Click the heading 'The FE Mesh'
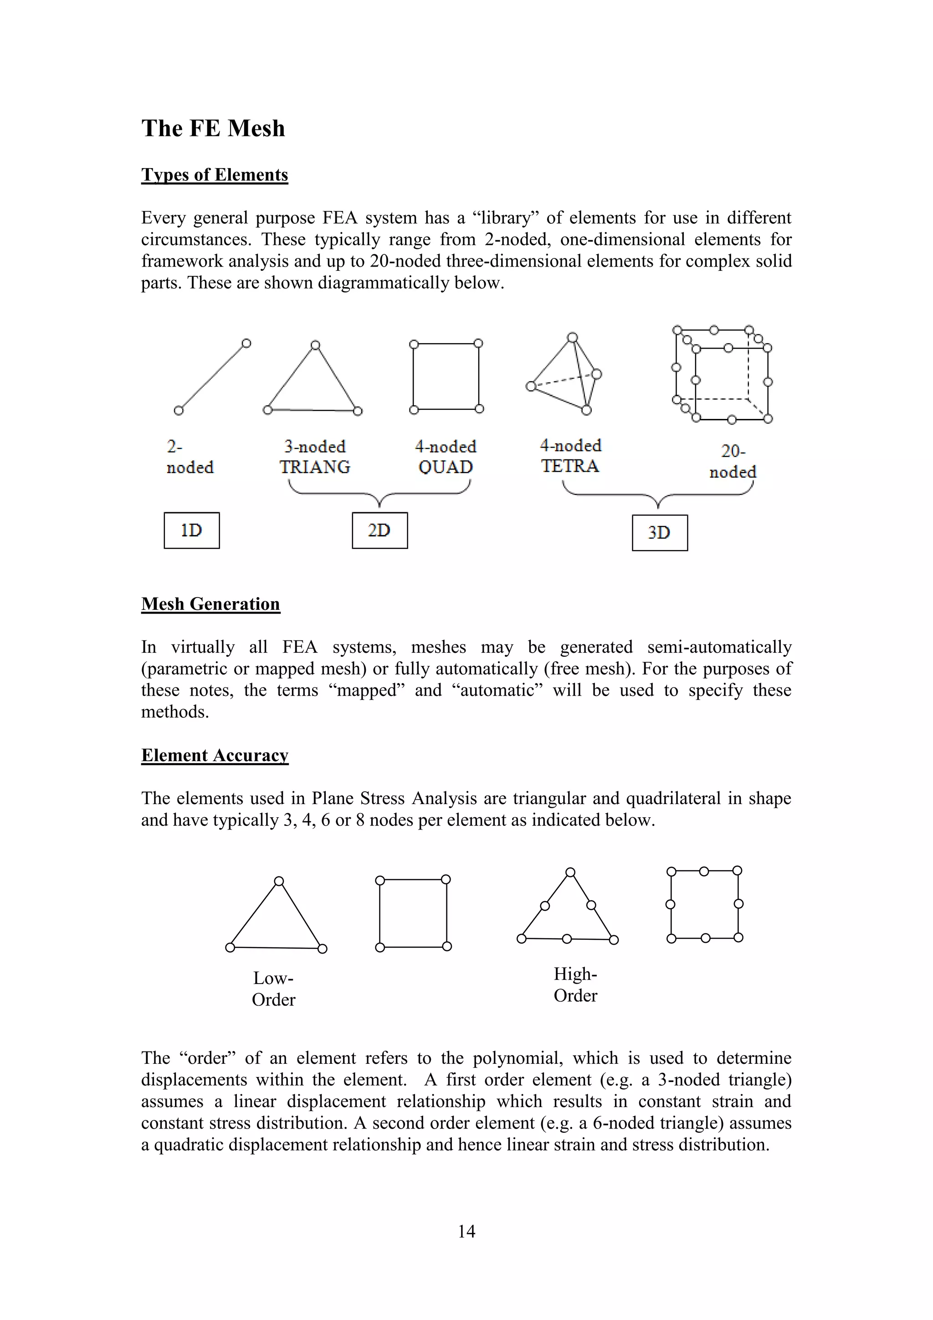point(213,128)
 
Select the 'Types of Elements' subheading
point(214,175)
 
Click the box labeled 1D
point(191,530)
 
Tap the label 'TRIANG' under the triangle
point(315,467)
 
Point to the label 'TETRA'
point(570,466)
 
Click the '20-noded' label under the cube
point(733,462)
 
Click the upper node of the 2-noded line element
point(246,343)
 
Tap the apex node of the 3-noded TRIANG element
point(315,345)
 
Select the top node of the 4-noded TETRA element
point(572,337)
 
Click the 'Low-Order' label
point(273,989)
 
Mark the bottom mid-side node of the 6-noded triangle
point(567,939)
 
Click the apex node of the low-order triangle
point(279,882)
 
